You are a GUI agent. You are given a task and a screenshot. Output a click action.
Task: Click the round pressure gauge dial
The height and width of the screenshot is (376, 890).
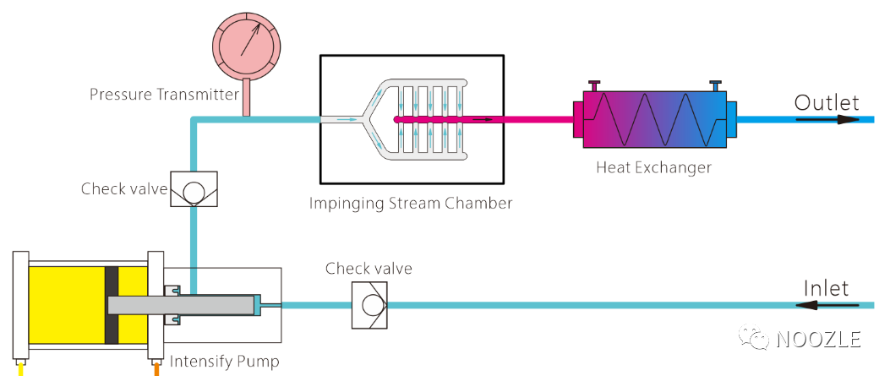pyautogui.click(x=247, y=44)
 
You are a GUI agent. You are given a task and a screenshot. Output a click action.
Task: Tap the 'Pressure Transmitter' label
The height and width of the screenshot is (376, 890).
pyautogui.click(x=164, y=94)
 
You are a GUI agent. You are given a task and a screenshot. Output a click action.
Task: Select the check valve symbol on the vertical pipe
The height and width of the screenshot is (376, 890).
pyautogui.click(x=194, y=189)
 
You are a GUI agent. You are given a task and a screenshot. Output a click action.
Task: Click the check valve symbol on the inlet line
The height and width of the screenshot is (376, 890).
pyautogui.click(x=370, y=304)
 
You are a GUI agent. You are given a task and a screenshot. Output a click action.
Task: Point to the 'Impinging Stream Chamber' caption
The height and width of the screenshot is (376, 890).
pyautogui.click(x=411, y=203)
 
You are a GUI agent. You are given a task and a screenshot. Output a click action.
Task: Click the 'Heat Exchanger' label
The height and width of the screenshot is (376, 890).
pyautogui.click(x=653, y=167)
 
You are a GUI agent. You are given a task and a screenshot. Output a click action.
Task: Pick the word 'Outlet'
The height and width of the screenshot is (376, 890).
pyautogui.click(x=827, y=103)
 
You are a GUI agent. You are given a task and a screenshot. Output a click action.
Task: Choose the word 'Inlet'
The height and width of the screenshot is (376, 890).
pyautogui.click(x=826, y=288)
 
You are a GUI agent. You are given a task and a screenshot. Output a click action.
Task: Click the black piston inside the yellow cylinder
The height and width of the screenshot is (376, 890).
pyautogui.click(x=111, y=305)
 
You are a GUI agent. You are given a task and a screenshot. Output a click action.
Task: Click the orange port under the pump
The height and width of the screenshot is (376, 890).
pyautogui.click(x=156, y=368)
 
